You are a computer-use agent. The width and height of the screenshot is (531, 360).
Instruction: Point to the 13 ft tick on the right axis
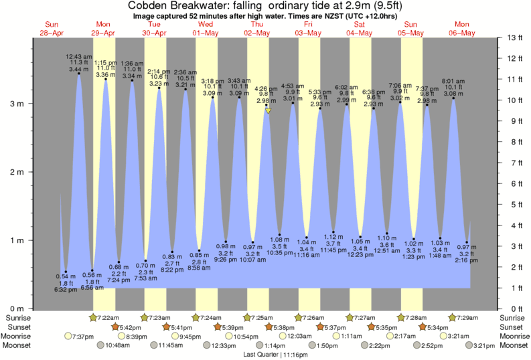point(515,37)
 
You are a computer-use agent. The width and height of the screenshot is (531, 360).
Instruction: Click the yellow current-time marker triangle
point(268,111)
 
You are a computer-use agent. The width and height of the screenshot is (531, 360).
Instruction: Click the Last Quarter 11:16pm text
point(266,354)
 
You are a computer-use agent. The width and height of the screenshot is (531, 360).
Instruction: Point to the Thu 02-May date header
point(256,29)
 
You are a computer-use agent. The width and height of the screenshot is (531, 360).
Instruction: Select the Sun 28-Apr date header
point(50,29)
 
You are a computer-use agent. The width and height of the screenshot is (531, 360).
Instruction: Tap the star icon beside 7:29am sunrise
point(453,317)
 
